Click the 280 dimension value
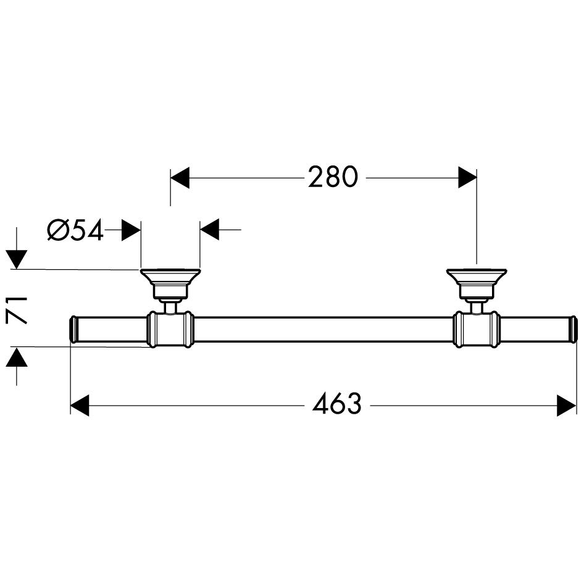coord(333,177)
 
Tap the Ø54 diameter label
coord(75,230)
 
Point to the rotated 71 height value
coord(17,310)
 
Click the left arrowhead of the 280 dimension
coord(180,177)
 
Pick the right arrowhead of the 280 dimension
coord(467,177)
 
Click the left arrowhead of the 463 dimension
coord(80,405)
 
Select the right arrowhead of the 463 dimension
coord(567,405)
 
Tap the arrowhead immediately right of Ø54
coord(131,230)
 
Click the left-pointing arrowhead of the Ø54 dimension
coord(209,230)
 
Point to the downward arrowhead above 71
coord(17,260)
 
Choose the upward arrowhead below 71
coord(17,356)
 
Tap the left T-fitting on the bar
coord(170,329)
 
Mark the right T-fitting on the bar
coord(477,329)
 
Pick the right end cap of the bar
coord(574,330)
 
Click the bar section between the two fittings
coord(323,330)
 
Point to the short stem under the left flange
coord(170,307)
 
